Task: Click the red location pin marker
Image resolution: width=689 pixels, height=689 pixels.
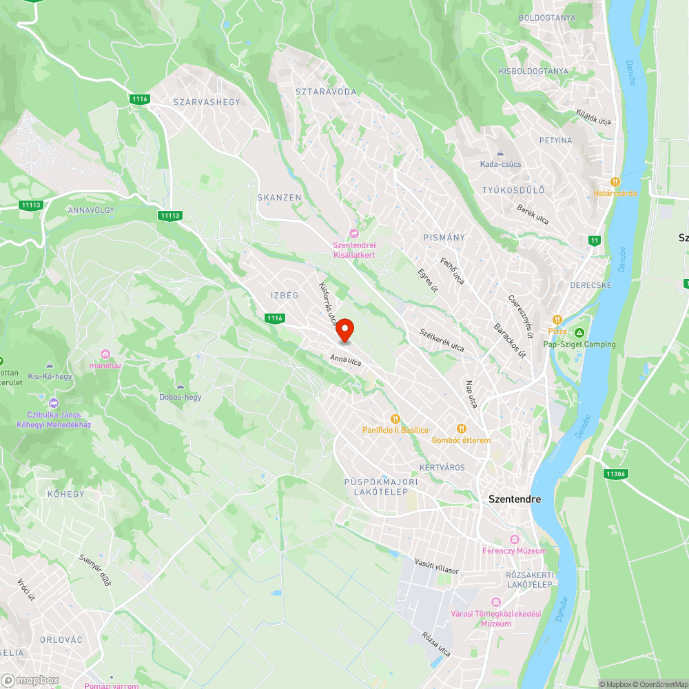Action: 344,331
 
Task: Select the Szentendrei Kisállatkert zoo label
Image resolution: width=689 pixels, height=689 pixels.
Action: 354,249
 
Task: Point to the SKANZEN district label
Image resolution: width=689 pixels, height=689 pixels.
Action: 280,198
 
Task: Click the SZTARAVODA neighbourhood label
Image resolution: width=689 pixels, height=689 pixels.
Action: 326,92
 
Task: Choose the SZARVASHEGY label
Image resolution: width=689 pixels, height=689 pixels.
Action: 207,102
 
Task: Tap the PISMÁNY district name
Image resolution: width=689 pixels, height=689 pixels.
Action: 444,238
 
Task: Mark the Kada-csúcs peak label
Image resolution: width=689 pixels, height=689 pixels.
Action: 501,163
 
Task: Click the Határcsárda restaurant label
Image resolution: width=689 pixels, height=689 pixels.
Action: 615,193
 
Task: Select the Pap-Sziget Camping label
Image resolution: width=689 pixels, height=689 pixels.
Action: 579,344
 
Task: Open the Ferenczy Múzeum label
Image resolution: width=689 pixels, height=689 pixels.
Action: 524,551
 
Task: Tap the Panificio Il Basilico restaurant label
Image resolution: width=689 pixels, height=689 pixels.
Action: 396,429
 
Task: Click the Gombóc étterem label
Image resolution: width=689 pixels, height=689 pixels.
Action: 461,440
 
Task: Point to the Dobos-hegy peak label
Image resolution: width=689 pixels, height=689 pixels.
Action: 181,397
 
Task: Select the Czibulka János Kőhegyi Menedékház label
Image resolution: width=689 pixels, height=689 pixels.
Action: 54,420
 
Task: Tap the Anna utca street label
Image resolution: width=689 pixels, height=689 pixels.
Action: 346,359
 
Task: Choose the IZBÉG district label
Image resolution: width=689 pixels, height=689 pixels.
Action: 285,296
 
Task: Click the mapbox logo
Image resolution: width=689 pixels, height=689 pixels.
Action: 30,680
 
